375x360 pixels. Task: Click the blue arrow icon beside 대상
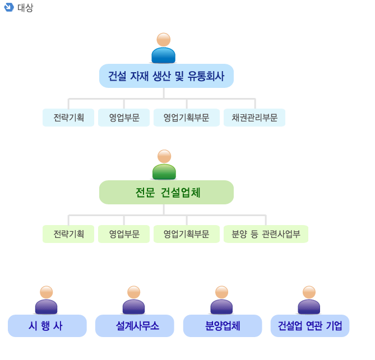click(x=8, y=7)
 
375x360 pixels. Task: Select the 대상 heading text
click(x=25, y=8)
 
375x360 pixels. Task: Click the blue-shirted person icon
click(x=164, y=48)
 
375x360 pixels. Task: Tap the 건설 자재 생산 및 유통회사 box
click(x=166, y=76)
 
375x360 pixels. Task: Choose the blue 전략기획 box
click(x=68, y=118)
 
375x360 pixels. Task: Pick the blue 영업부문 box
click(x=124, y=118)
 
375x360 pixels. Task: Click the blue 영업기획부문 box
click(x=187, y=118)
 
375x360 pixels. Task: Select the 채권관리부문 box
click(x=254, y=118)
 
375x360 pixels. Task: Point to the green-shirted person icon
click(x=164, y=165)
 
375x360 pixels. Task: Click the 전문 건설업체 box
click(x=166, y=193)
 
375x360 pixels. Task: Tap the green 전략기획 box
click(x=68, y=234)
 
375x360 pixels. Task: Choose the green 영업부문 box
click(x=124, y=234)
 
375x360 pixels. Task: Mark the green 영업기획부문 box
click(x=187, y=234)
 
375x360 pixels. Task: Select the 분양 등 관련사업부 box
click(x=266, y=234)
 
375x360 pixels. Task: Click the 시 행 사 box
click(x=47, y=326)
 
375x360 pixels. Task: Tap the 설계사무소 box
click(x=135, y=326)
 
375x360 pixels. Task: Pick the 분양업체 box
click(x=223, y=326)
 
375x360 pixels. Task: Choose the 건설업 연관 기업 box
click(x=310, y=326)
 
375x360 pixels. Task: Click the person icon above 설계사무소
click(x=134, y=300)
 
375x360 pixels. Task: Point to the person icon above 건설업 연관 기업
click(x=309, y=300)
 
